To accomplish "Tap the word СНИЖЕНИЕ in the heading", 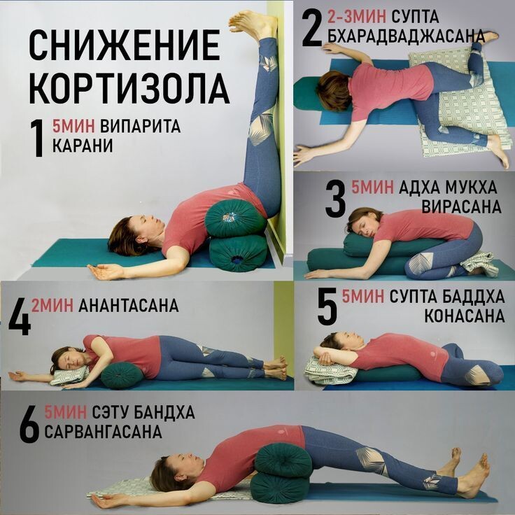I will tap(125, 47).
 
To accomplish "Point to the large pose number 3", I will tap(335, 198).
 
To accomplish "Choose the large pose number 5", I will tap(326, 306).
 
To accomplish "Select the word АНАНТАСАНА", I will tap(129, 306).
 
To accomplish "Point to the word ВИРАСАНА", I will tap(462, 207).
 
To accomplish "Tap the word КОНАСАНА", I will tap(464, 316).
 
